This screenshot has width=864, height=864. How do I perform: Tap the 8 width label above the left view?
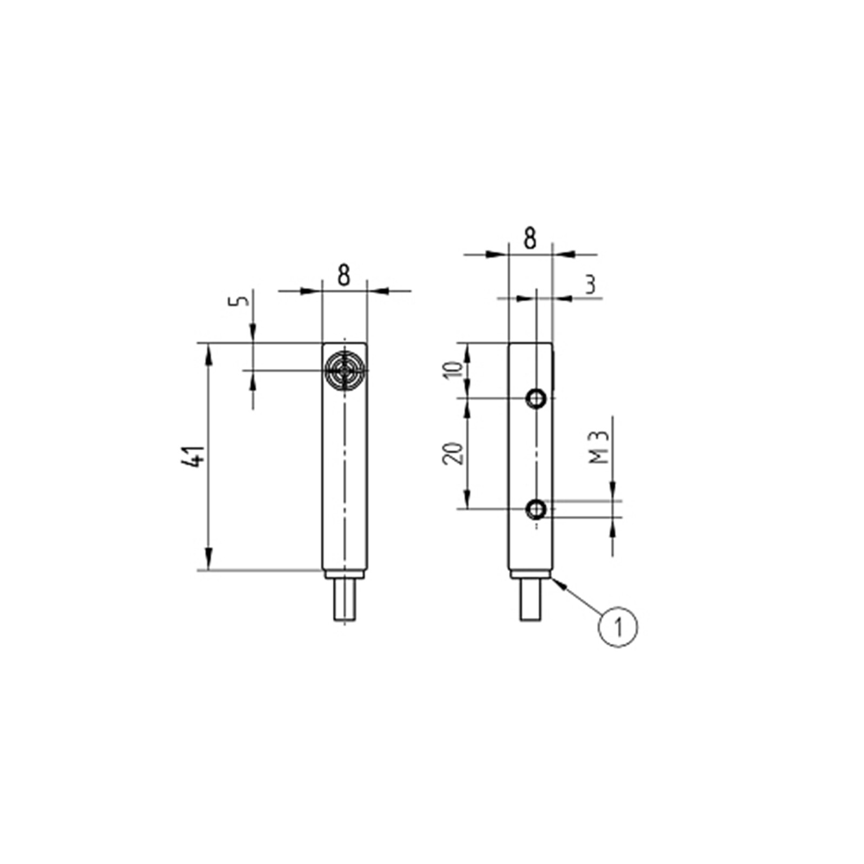point(344,275)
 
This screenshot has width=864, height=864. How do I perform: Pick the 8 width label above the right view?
point(531,239)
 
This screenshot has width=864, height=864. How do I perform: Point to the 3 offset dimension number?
point(591,284)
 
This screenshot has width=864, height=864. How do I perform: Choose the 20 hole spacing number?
point(454,454)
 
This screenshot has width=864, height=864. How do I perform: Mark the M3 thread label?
point(599,447)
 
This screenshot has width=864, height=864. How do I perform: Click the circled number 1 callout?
point(618,627)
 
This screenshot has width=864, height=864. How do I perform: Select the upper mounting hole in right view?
point(537,399)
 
